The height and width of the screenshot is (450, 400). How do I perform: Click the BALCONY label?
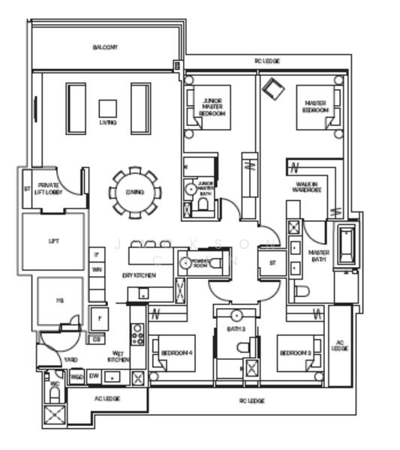point(105,48)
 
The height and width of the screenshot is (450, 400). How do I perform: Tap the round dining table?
point(135,193)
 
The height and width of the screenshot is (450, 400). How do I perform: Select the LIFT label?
point(53,241)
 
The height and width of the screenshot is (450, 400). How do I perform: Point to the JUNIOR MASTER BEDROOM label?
point(213,108)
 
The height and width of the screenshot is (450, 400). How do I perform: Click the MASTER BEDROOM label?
point(315,108)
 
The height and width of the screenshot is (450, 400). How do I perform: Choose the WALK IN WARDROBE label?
point(305,187)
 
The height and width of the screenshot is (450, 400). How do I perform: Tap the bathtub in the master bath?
point(346,245)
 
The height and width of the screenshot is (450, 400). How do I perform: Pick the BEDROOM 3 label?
point(294,353)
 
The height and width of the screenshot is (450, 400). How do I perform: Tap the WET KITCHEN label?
point(118,356)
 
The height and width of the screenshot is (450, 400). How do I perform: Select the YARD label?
point(71,360)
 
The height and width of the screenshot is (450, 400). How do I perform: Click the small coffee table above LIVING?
point(107,108)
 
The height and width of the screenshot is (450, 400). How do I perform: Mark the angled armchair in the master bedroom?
point(272,89)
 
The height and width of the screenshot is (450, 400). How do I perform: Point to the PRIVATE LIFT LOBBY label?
point(49,188)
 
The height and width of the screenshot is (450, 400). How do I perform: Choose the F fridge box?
point(98,318)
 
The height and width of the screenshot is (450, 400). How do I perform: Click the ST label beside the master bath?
point(272,262)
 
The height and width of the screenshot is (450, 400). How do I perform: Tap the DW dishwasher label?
point(94,376)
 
